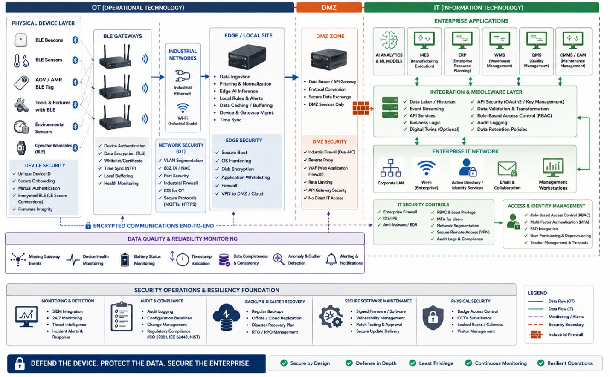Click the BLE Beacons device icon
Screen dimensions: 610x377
[x=21, y=40]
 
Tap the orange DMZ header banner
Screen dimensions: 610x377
[x=329, y=7]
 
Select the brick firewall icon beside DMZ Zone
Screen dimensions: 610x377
[x=361, y=108]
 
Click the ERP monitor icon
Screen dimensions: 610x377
[x=462, y=40]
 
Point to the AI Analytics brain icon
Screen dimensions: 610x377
[x=389, y=40]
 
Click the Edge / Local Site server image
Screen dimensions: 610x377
[x=247, y=57]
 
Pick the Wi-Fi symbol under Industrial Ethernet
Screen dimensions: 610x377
[x=183, y=108]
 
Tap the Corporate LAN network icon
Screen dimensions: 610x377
[x=390, y=168]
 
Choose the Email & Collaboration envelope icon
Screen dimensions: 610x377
[x=507, y=169]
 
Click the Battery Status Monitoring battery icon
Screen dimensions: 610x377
[x=125, y=259]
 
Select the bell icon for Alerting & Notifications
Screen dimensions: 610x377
[x=331, y=259]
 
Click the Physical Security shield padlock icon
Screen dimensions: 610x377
[x=433, y=317]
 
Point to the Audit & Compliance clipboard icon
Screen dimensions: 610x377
[x=122, y=317]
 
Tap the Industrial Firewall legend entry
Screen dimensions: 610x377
[x=555, y=334]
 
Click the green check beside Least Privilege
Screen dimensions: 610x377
[x=412, y=363]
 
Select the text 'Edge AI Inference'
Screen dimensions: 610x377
[x=238, y=91]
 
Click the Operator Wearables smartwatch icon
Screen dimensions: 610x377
[x=21, y=148]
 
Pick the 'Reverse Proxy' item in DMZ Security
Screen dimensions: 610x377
[x=320, y=160]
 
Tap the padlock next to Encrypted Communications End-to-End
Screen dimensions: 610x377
[x=88, y=225]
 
